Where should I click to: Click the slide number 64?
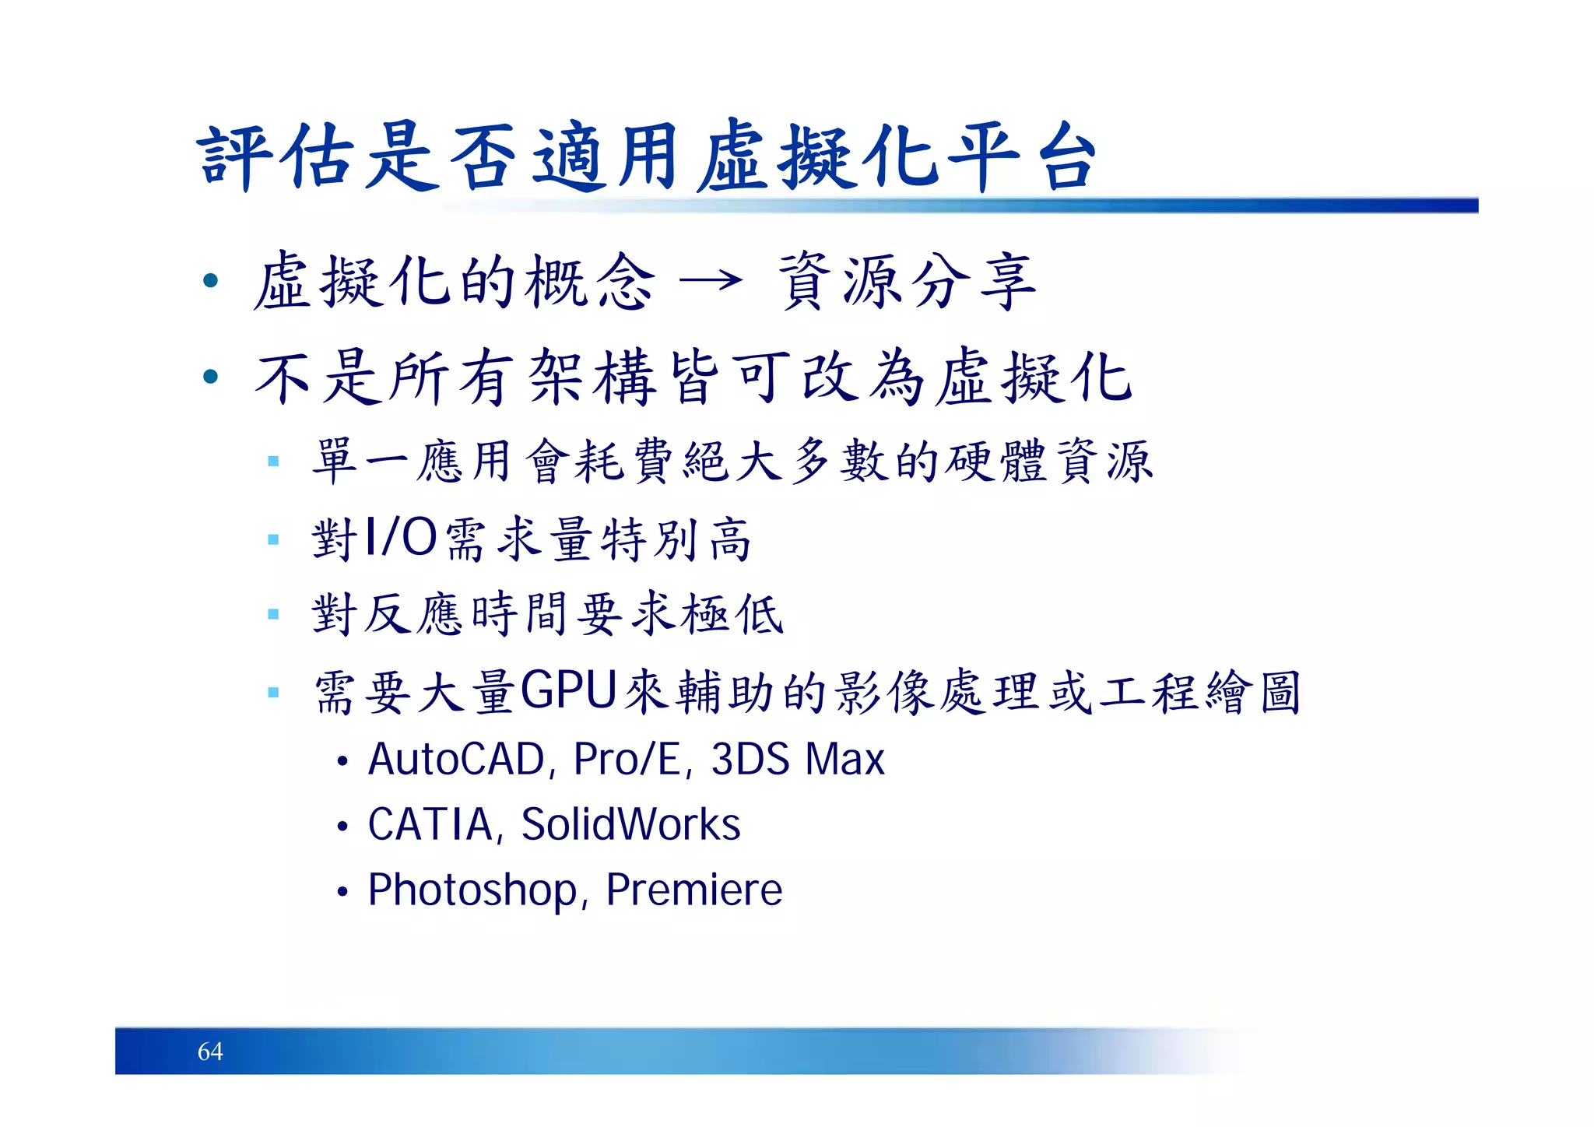tap(210, 1052)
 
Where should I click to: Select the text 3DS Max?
tap(798, 760)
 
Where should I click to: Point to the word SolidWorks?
tap(630, 825)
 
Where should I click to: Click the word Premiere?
tap(693, 890)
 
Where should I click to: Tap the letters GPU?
tap(568, 691)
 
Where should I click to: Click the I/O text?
tap(401, 538)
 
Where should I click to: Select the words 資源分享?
tap(908, 282)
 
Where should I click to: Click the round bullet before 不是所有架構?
tap(210, 377)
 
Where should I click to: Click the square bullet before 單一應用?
tap(272, 462)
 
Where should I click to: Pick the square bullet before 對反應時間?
tap(272, 614)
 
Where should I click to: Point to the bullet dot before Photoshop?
tap(342, 892)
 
